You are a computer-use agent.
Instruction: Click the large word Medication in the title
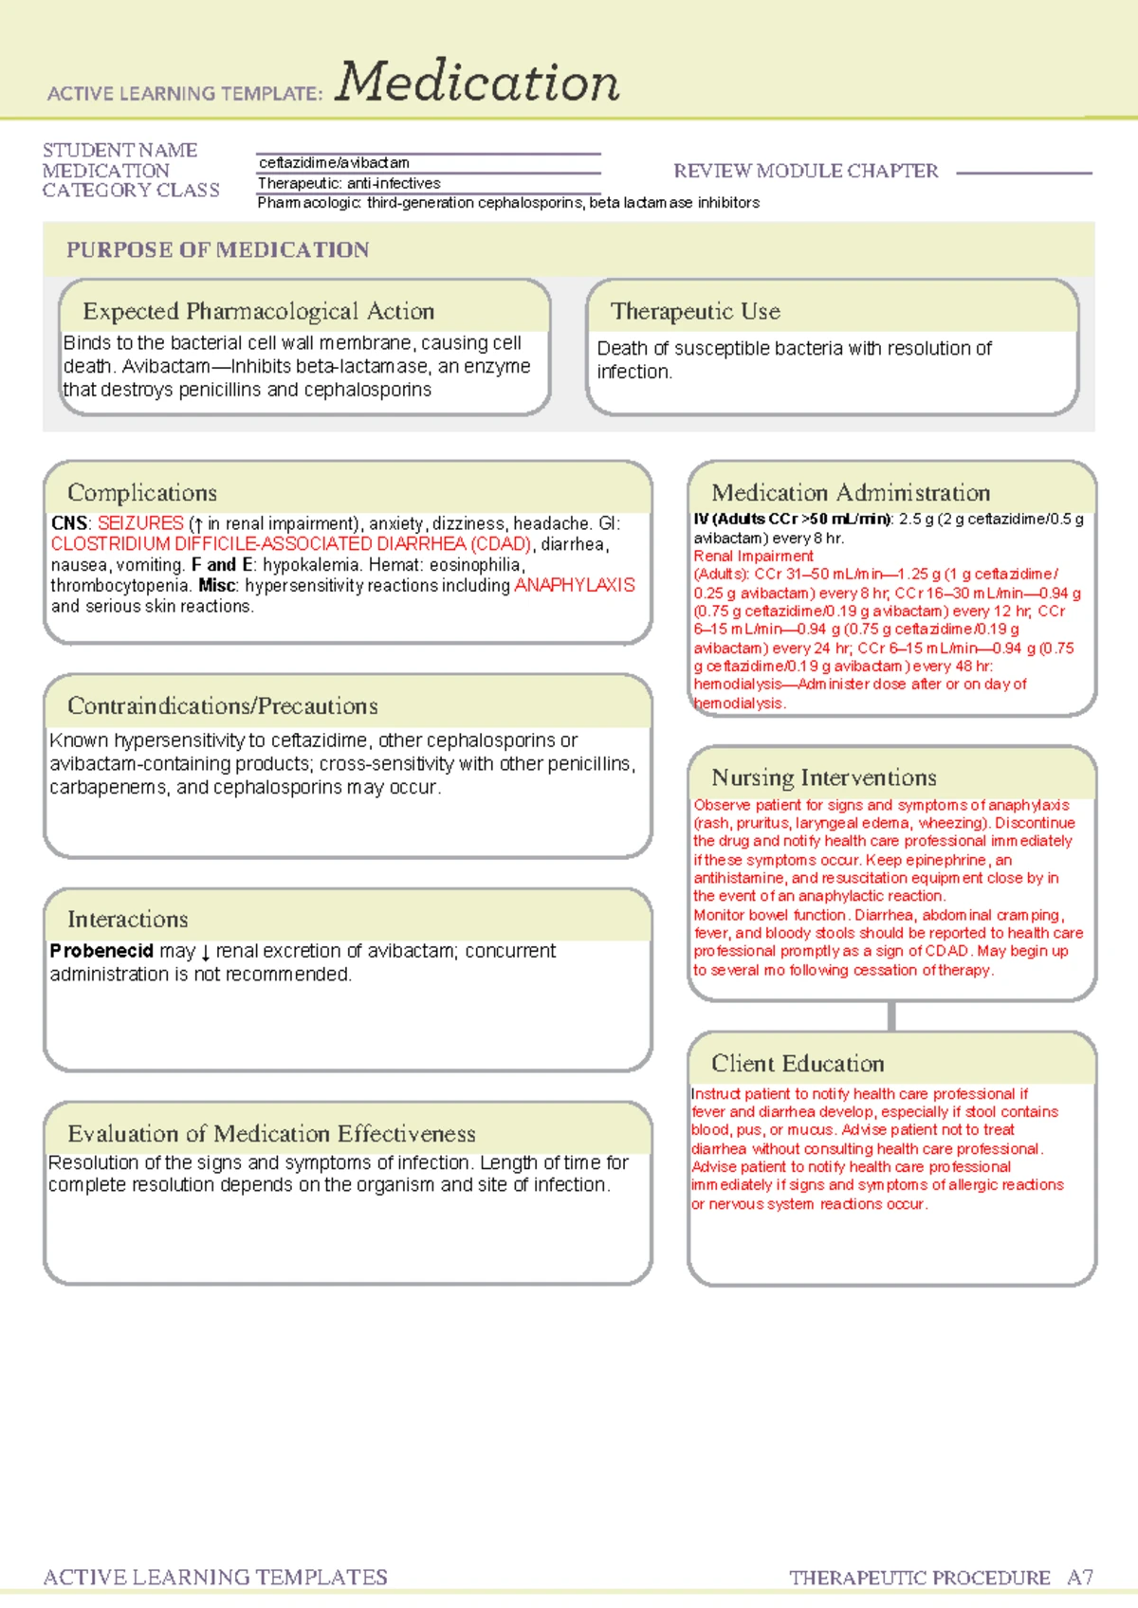tap(477, 82)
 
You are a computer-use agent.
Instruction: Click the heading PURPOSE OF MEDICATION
tap(217, 250)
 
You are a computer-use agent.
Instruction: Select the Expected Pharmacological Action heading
tap(258, 312)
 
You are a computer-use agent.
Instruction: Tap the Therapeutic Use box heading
tap(695, 312)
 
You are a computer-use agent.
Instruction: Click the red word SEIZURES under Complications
tap(140, 523)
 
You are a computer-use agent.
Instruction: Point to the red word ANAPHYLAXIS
tap(574, 586)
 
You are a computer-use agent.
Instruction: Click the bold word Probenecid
tap(101, 951)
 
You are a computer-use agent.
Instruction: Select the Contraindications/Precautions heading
tap(222, 706)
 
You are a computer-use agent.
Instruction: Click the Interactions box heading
tap(127, 920)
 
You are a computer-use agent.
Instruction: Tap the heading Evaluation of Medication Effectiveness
tap(271, 1134)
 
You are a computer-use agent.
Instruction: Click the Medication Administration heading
tap(851, 493)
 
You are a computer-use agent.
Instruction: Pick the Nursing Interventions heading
tap(823, 778)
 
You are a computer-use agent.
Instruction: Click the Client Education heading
tap(798, 1064)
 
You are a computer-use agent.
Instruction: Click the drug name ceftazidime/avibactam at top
tap(334, 163)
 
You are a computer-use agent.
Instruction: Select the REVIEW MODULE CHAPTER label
tap(805, 172)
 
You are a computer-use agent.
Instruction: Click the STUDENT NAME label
tap(119, 151)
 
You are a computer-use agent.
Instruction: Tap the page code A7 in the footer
tap(1079, 1578)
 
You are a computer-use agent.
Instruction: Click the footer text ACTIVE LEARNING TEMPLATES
tap(215, 1578)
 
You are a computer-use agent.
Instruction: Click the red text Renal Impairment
tap(753, 557)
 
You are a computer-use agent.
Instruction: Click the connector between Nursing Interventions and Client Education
tap(891, 1016)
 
